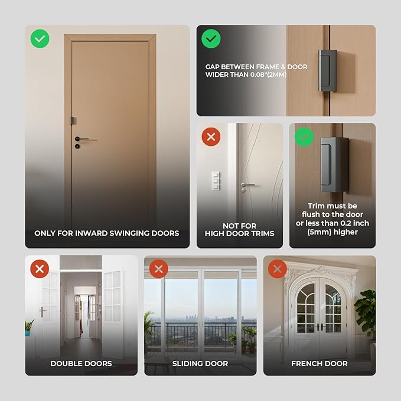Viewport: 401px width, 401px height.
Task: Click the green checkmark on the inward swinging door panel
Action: [x=40, y=40]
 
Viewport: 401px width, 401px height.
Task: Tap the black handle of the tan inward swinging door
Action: [x=81, y=139]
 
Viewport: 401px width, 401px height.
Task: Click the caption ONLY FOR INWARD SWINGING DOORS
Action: [x=106, y=233]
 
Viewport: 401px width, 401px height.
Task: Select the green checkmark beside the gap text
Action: [x=211, y=40]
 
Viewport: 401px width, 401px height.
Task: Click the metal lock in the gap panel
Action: [x=327, y=71]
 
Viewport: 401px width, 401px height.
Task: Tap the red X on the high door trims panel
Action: [x=211, y=138]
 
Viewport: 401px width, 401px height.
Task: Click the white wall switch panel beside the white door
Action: [x=216, y=180]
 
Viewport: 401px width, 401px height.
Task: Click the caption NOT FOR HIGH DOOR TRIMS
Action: [x=239, y=230]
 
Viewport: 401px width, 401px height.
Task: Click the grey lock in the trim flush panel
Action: [x=333, y=164]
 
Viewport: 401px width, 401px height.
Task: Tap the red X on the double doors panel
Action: [x=40, y=270]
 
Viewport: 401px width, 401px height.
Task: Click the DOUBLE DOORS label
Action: [x=81, y=363]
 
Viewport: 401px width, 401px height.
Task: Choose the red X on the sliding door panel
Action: [x=158, y=270]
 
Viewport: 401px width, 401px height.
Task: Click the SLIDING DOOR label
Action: [x=200, y=363]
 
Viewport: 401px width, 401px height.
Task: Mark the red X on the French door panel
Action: [x=278, y=270]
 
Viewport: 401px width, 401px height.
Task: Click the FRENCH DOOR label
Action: [x=319, y=363]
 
